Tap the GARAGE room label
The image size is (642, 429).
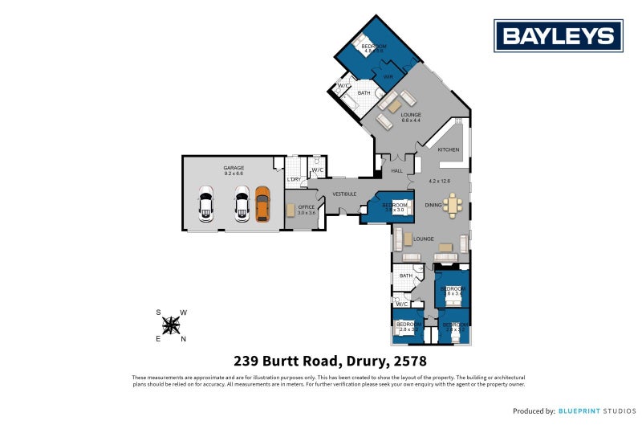tap(234, 168)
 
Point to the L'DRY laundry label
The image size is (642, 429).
tap(294, 179)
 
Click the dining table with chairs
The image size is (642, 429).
tap(453, 206)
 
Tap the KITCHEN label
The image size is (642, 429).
tap(449, 149)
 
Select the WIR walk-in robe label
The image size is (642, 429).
tap(388, 76)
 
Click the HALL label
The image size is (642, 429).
tap(396, 171)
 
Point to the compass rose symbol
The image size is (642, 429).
tap(171, 325)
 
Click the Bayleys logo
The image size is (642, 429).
tap(559, 35)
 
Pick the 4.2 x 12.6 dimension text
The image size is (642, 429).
tap(440, 181)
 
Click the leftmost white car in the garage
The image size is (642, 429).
tap(206, 204)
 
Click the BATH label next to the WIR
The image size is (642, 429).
tap(364, 93)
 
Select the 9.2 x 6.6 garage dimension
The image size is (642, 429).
tap(234, 174)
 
